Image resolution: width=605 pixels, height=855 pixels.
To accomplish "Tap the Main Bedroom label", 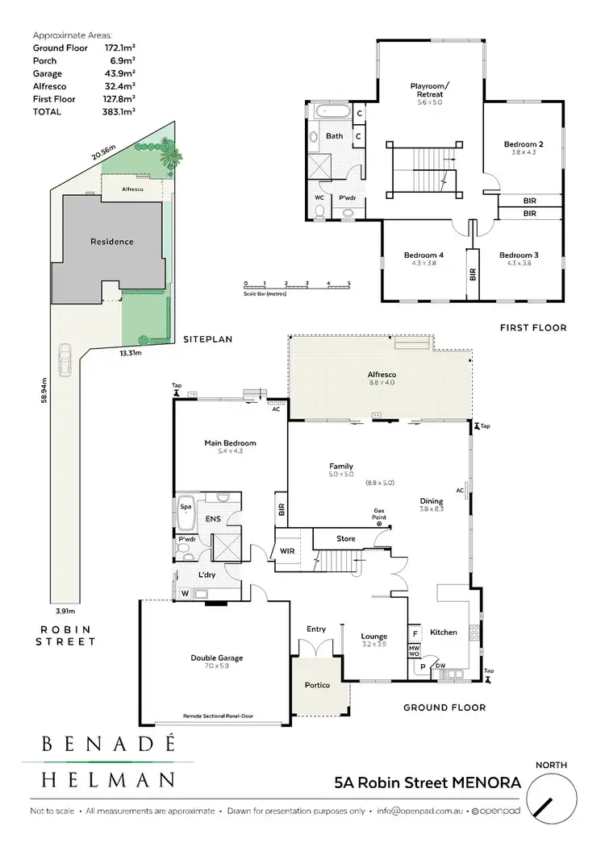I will coord(231,443).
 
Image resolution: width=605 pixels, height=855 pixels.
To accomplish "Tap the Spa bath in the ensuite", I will coord(186,508).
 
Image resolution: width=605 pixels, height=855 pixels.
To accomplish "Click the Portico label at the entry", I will coord(318,685).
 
